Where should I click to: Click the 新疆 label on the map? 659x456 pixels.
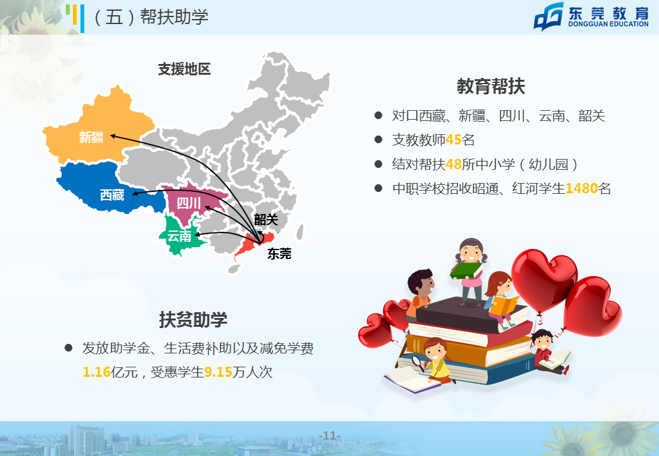pyautogui.click(x=91, y=137)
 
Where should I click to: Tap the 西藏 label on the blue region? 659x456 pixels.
pyautogui.click(x=112, y=195)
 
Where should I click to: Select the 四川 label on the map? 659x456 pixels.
pyautogui.click(x=189, y=204)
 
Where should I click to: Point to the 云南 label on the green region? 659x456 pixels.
pyautogui.click(x=179, y=236)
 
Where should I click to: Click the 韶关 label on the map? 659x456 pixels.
pyautogui.click(x=267, y=219)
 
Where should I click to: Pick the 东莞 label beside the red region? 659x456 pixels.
pyautogui.click(x=279, y=253)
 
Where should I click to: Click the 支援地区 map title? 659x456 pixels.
pyautogui.click(x=184, y=69)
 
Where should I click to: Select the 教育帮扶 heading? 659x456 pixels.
pyautogui.click(x=491, y=86)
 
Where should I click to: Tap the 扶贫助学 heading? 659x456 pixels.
pyautogui.click(x=193, y=320)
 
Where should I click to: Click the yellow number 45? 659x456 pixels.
pyautogui.click(x=454, y=140)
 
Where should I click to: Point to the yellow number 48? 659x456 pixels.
pyautogui.click(x=454, y=164)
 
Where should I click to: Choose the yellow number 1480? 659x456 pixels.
pyautogui.click(x=582, y=189)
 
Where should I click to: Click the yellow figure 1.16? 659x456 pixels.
pyautogui.click(x=96, y=372)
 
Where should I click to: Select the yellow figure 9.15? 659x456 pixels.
pyautogui.click(x=218, y=372)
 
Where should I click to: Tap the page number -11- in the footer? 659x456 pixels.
pyautogui.click(x=330, y=436)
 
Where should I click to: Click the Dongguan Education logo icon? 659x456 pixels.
pyautogui.click(x=549, y=16)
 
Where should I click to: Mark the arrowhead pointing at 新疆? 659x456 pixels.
pyautogui.click(x=113, y=136)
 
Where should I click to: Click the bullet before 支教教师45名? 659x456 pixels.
pyautogui.click(x=378, y=139)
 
